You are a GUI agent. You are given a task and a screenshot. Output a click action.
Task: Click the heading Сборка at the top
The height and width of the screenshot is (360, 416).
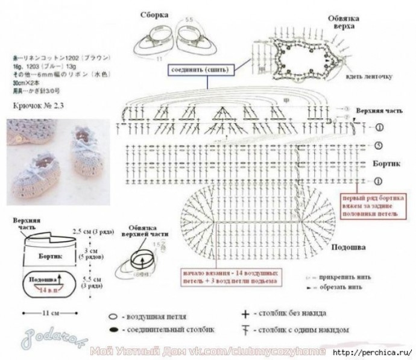tap(154, 14)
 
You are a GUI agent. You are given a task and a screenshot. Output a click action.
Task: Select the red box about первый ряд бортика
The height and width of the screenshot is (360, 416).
tap(374, 204)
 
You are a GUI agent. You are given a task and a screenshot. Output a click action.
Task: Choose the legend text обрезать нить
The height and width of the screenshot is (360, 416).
tap(341, 288)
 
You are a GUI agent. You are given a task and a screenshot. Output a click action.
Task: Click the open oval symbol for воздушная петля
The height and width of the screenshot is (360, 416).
tap(113, 316)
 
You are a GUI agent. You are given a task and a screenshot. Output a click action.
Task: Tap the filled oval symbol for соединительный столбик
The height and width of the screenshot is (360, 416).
tap(113, 330)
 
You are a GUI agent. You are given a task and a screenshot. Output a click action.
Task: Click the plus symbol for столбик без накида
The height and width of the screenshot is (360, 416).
tap(245, 314)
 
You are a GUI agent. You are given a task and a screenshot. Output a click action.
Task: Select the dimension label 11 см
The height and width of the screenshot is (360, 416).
tap(51, 314)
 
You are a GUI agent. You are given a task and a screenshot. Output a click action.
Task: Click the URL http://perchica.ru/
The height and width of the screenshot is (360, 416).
tap(371, 352)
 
